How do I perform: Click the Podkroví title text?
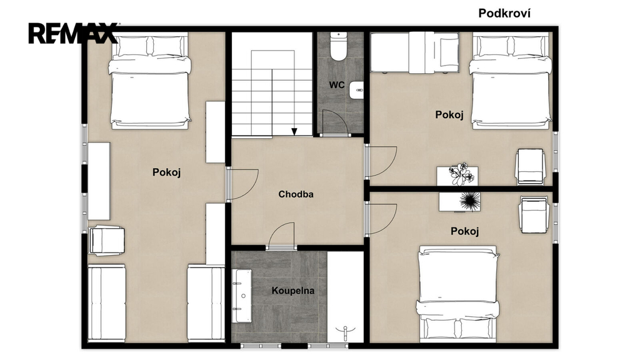[x=504, y=13]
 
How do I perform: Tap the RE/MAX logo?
[x=73, y=33]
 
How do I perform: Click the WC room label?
[x=337, y=85]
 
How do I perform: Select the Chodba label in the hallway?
[x=296, y=194]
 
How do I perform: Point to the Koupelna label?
[x=293, y=291]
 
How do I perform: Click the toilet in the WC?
[x=338, y=46]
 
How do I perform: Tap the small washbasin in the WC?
[x=356, y=90]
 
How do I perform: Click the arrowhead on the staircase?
[x=294, y=131]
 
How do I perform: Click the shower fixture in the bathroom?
[x=345, y=333]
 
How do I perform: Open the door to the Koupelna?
[x=281, y=236]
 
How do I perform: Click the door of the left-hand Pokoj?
[x=242, y=184]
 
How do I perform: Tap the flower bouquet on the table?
[x=462, y=174]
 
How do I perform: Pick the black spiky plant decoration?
[x=469, y=202]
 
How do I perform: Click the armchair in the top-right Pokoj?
[x=530, y=166]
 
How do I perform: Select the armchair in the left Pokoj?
[x=106, y=241]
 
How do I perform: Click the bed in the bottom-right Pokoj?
[x=458, y=294]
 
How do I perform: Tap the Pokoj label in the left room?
[x=166, y=172]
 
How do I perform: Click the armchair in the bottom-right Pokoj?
[x=534, y=215]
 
